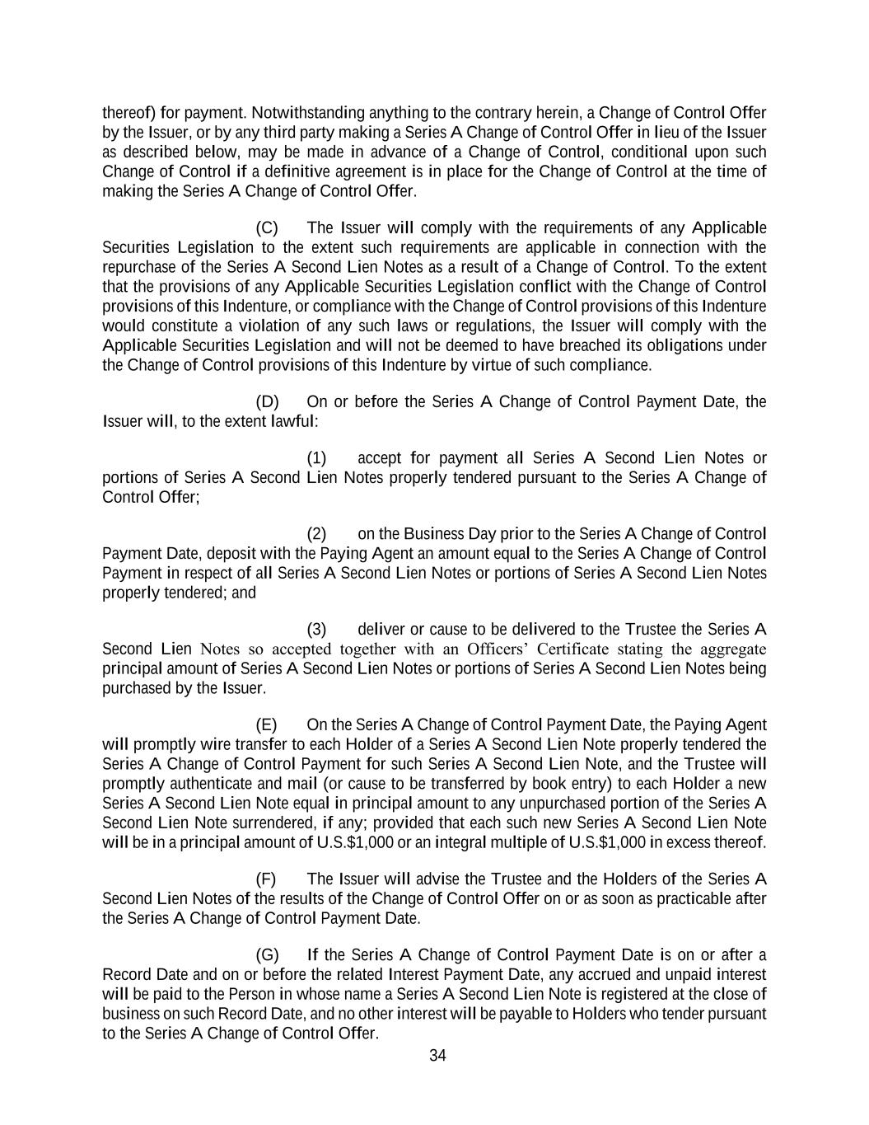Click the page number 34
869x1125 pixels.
[437, 1056]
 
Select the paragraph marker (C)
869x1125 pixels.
[267, 227]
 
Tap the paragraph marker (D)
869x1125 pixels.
[267, 401]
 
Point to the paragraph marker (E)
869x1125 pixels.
[266, 724]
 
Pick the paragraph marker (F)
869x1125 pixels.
[266, 879]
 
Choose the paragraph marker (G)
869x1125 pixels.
[267, 954]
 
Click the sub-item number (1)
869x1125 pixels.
[316, 457]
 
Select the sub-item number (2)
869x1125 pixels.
[316, 533]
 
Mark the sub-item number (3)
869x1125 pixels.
[316, 629]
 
